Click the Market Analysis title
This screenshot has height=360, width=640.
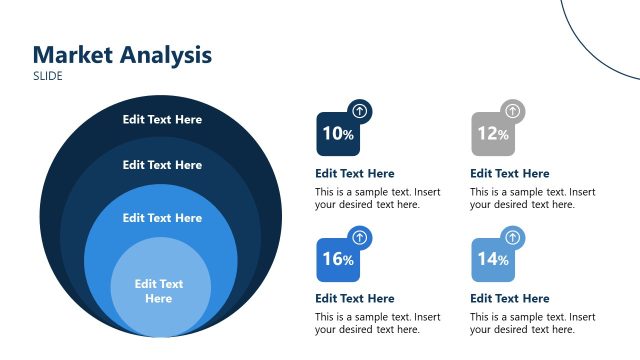(x=122, y=55)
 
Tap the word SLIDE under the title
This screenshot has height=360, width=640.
(x=48, y=76)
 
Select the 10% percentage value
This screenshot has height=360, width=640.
(x=337, y=134)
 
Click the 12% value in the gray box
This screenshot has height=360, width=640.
(x=492, y=134)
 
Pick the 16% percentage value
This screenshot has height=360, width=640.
(x=337, y=259)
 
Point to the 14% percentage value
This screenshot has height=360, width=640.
(x=492, y=259)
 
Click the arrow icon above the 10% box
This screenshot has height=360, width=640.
(x=360, y=111)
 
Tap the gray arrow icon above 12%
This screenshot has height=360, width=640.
(x=513, y=111)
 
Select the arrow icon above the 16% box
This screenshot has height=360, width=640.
(x=360, y=237)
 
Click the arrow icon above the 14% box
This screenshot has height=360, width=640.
(x=513, y=237)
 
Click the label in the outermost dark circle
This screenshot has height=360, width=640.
(x=162, y=120)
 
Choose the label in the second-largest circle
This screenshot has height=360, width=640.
(x=162, y=165)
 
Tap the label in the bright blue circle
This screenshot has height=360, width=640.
(x=162, y=218)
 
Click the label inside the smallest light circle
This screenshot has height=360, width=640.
(x=159, y=291)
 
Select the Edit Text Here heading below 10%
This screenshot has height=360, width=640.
(x=355, y=173)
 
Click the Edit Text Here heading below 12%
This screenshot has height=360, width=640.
(x=510, y=173)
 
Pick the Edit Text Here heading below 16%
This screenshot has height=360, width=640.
(x=355, y=298)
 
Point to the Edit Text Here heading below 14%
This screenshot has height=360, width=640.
(x=510, y=298)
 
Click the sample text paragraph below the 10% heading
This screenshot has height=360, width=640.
(x=377, y=198)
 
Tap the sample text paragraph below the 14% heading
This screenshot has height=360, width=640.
(x=532, y=323)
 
